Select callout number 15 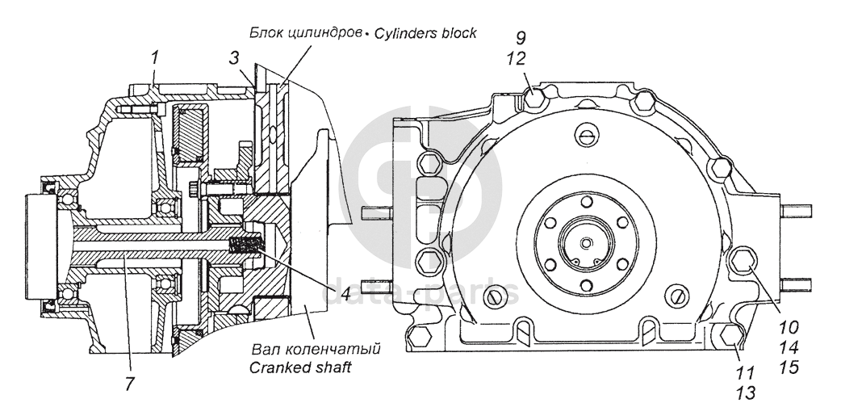tap(789, 367)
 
